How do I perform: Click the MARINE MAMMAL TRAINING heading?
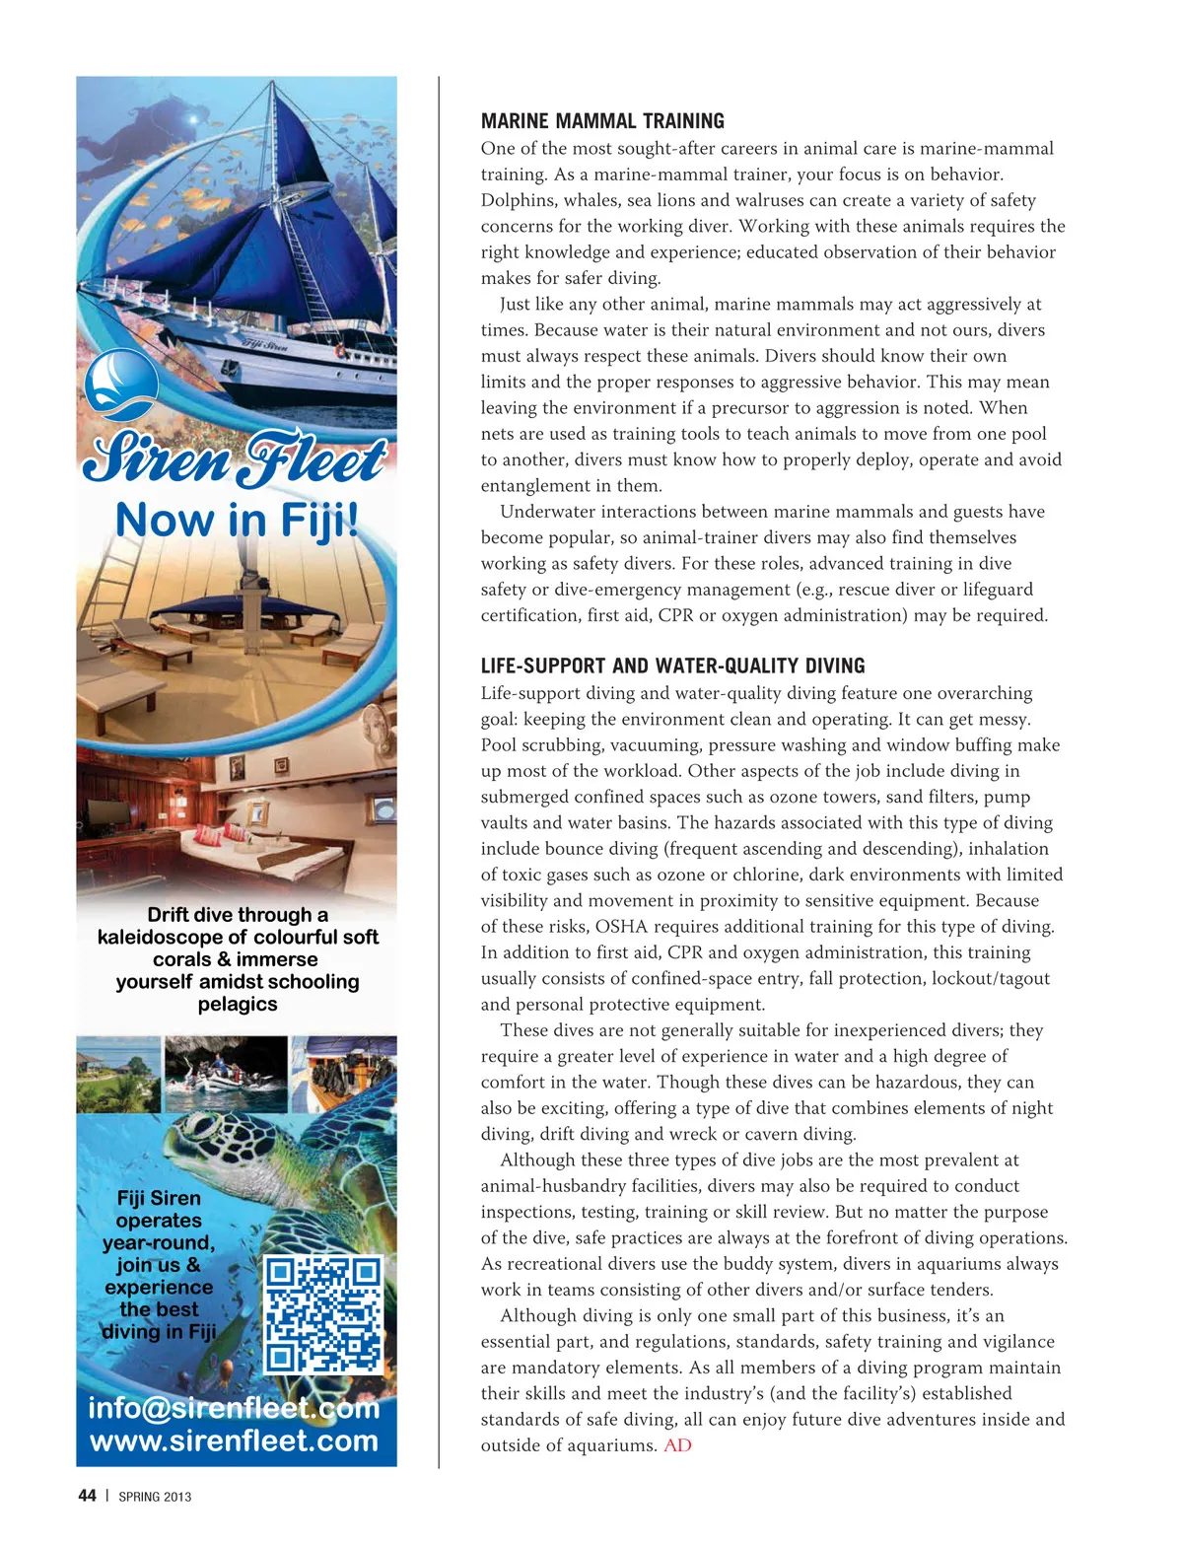(602, 121)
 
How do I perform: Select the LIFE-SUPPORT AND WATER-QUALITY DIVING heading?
(672, 667)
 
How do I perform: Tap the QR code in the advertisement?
(322, 1314)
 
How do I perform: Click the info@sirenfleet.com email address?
(235, 1408)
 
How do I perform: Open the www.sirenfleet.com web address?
(235, 1440)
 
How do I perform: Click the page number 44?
(87, 1496)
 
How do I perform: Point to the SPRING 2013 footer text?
(155, 1497)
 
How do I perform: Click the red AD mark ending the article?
(677, 1445)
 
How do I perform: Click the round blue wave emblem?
(121, 385)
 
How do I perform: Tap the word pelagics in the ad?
(238, 1005)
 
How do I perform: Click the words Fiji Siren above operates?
(159, 1198)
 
